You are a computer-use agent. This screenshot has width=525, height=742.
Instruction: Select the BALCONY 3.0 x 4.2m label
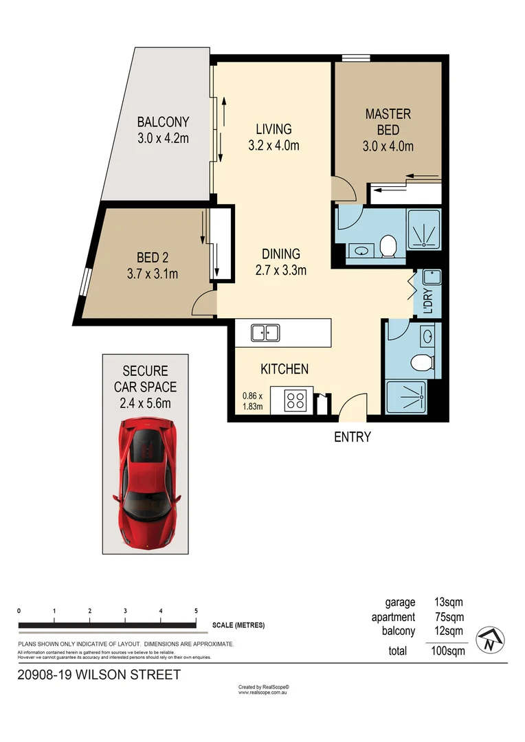tap(163, 130)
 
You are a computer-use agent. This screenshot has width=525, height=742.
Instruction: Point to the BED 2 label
tap(153, 265)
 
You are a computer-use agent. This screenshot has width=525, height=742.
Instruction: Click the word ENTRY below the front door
tap(353, 437)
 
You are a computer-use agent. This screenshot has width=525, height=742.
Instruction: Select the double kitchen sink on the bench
tap(265, 333)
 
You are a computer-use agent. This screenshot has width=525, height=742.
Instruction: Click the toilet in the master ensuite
tap(388, 245)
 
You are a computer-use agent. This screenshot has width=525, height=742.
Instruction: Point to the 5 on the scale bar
tap(197, 611)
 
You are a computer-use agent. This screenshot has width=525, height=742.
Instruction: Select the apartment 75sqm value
tap(449, 617)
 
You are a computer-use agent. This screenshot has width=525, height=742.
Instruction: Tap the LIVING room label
tap(273, 137)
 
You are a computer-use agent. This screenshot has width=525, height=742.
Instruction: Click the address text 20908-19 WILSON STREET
tap(99, 675)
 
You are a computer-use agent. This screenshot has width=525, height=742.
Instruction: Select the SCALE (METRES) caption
tap(238, 625)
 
